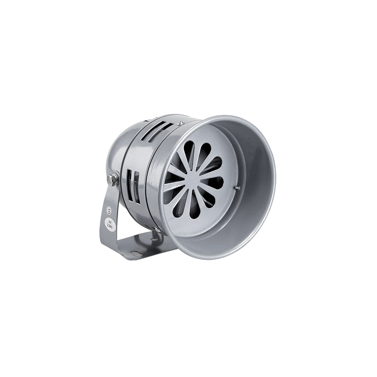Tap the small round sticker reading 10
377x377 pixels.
(x=109, y=211)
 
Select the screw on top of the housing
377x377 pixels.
(x=179, y=123)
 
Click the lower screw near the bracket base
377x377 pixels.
(x=157, y=229)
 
